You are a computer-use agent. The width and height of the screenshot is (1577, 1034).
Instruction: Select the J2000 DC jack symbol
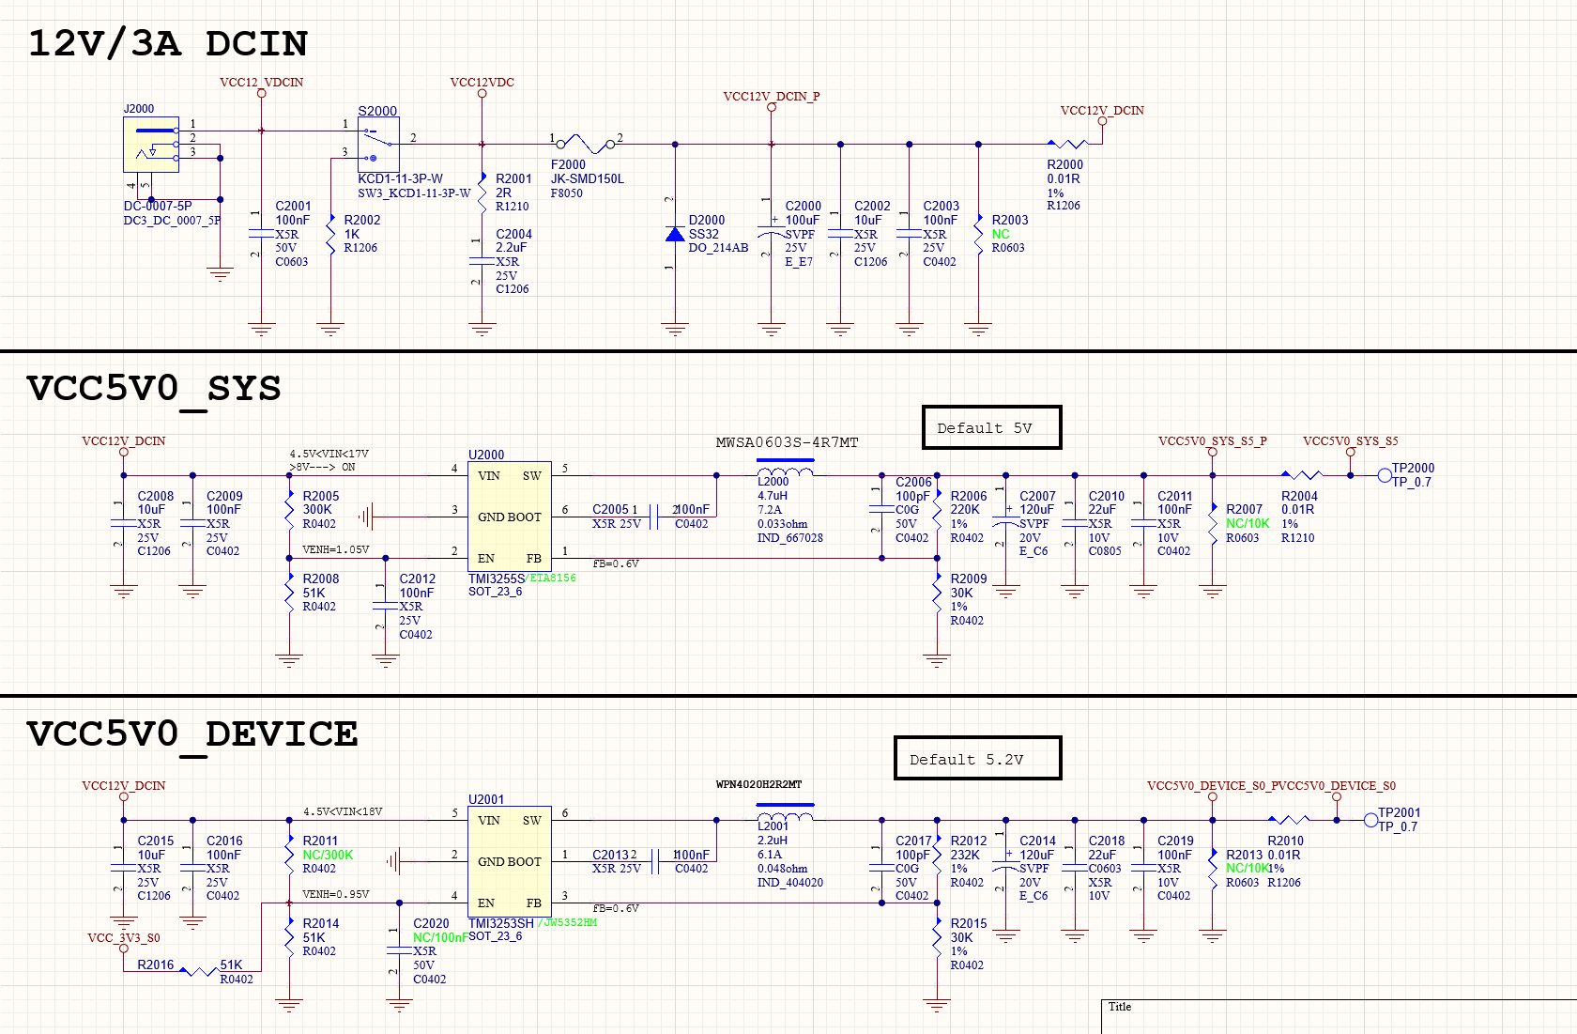coord(151,144)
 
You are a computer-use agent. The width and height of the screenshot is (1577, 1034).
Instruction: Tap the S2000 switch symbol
coord(378,144)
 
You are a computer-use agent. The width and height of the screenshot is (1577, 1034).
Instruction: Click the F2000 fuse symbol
coord(586,144)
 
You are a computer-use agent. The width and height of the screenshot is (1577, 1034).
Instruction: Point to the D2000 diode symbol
coord(675,234)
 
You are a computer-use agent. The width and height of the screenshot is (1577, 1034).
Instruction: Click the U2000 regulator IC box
coord(509,516)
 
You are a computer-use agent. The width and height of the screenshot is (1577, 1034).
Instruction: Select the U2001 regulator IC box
coord(509,860)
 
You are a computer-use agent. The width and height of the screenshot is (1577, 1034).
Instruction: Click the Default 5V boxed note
coord(991,427)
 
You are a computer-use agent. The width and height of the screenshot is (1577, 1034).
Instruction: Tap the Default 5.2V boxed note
coord(977,758)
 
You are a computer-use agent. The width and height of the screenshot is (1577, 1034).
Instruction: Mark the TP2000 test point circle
coord(1385,475)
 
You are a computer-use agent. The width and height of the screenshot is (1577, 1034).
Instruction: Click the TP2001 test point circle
coord(1370,820)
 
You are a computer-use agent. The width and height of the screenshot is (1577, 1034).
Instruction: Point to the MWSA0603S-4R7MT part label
coord(787,442)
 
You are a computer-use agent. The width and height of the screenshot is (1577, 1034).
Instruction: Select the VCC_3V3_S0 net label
coord(123,937)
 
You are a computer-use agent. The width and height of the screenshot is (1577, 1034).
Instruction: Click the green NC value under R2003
coord(1001,234)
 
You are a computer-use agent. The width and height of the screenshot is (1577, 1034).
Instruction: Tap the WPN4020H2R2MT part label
coord(758,784)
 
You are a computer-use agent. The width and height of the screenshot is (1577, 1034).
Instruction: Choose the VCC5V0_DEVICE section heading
coord(192,734)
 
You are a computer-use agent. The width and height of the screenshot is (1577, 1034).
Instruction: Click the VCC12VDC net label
coord(482,82)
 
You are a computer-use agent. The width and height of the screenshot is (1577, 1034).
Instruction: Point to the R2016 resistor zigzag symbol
coord(198,971)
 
